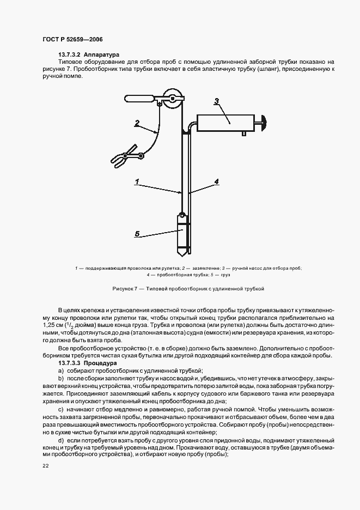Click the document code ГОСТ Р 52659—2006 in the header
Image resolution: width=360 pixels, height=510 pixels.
72,40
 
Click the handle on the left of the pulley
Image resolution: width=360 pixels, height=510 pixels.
141,99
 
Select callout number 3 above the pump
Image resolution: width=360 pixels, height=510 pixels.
216,101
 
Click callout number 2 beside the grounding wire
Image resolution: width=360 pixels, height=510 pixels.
137,123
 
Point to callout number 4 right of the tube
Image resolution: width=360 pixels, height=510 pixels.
217,181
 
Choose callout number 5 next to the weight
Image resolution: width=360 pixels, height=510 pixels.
137,234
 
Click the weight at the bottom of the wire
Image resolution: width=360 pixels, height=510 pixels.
181,235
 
